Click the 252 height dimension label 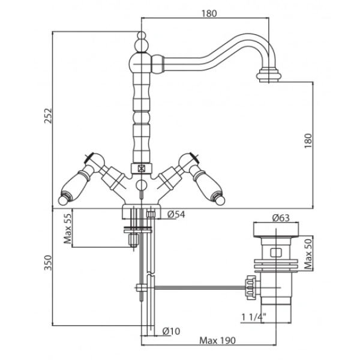pyautogui.click(x=48, y=116)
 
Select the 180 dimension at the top pyautogui.click(x=209, y=14)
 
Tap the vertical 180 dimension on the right pyautogui.click(x=308, y=141)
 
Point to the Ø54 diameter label pyautogui.click(x=176, y=214)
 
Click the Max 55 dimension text pyautogui.click(x=68, y=229)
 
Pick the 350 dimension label pyautogui.click(x=48, y=263)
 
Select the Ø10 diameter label pyautogui.click(x=171, y=331)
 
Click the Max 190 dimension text pyautogui.click(x=217, y=340)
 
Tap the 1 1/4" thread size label pyautogui.click(x=254, y=317)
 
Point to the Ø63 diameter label pyautogui.click(x=281, y=218)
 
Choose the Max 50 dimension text pyautogui.click(x=308, y=254)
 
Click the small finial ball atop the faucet pyautogui.click(x=142, y=35)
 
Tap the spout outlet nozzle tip pyautogui.click(x=269, y=75)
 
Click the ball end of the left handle pyautogui.click(x=62, y=200)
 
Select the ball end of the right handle pyautogui.click(x=221, y=200)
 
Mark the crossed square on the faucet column pyautogui.click(x=142, y=169)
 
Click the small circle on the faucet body pyautogui.click(x=142, y=185)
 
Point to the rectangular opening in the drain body pyautogui.click(x=276, y=253)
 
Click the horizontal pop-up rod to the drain pyautogui.click(x=200, y=287)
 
